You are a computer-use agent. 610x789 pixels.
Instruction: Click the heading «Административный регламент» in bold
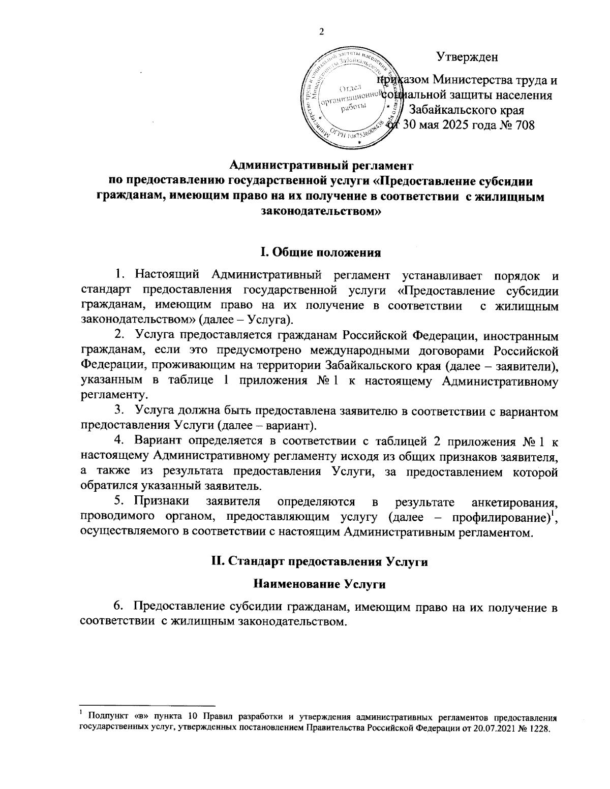(321, 165)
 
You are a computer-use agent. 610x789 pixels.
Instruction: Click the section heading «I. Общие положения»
(321, 253)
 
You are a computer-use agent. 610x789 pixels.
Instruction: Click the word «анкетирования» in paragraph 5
(516, 502)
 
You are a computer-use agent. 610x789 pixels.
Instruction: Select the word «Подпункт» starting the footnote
(104, 717)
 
